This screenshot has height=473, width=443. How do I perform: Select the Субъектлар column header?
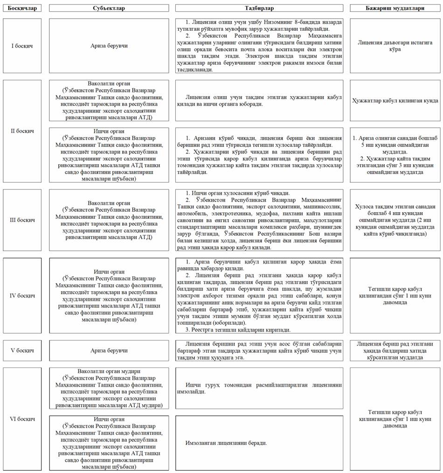point(109,8)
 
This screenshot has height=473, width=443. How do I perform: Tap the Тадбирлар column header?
point(259,8)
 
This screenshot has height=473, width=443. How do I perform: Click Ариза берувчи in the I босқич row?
point(109,46)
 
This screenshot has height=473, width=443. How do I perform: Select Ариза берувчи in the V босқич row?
point(109,350)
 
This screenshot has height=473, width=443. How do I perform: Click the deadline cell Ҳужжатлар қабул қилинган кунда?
point(395,100)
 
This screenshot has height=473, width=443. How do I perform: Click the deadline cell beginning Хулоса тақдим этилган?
point(395,220)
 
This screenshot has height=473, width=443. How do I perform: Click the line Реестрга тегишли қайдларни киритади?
point(238,330)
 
